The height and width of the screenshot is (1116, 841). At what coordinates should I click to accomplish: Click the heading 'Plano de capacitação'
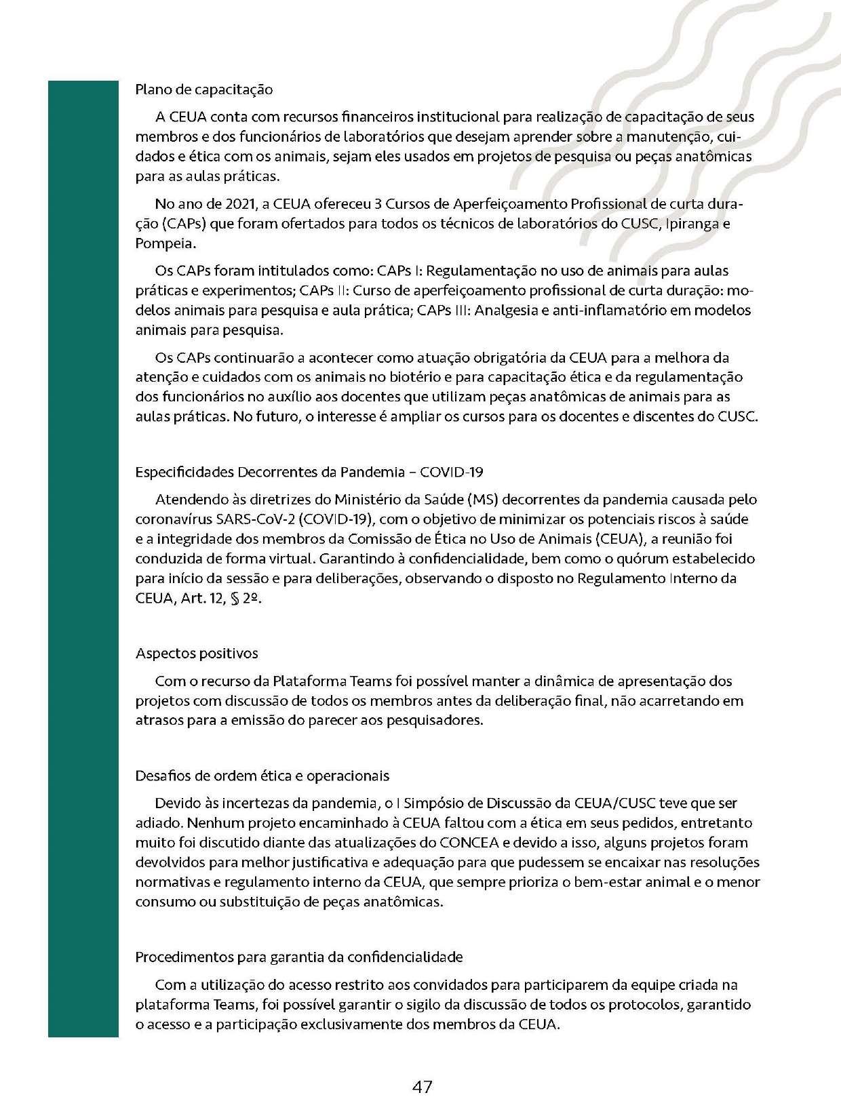204,89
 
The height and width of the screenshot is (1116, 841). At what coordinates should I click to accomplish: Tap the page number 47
422,1087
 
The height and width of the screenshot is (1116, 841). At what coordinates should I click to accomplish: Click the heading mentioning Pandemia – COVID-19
309,472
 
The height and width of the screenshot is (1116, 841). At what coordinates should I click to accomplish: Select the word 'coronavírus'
173,519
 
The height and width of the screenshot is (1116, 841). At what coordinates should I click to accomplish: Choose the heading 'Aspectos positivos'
197,654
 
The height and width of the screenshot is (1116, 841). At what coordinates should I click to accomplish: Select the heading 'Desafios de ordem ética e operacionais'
262,775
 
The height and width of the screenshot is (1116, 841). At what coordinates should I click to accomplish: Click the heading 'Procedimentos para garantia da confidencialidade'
299,957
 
